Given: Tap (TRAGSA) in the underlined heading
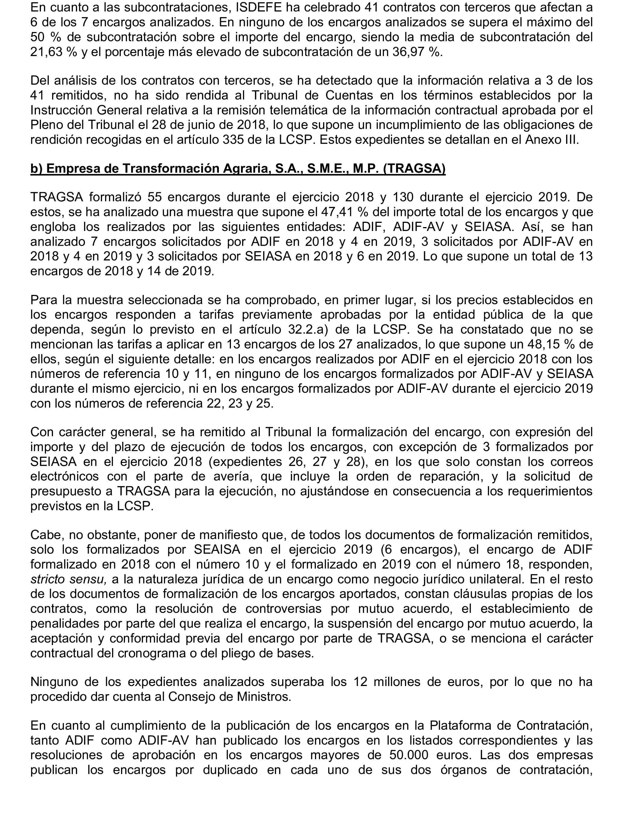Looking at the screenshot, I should [414, 169].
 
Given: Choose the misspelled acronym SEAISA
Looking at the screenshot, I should [217, 550].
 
